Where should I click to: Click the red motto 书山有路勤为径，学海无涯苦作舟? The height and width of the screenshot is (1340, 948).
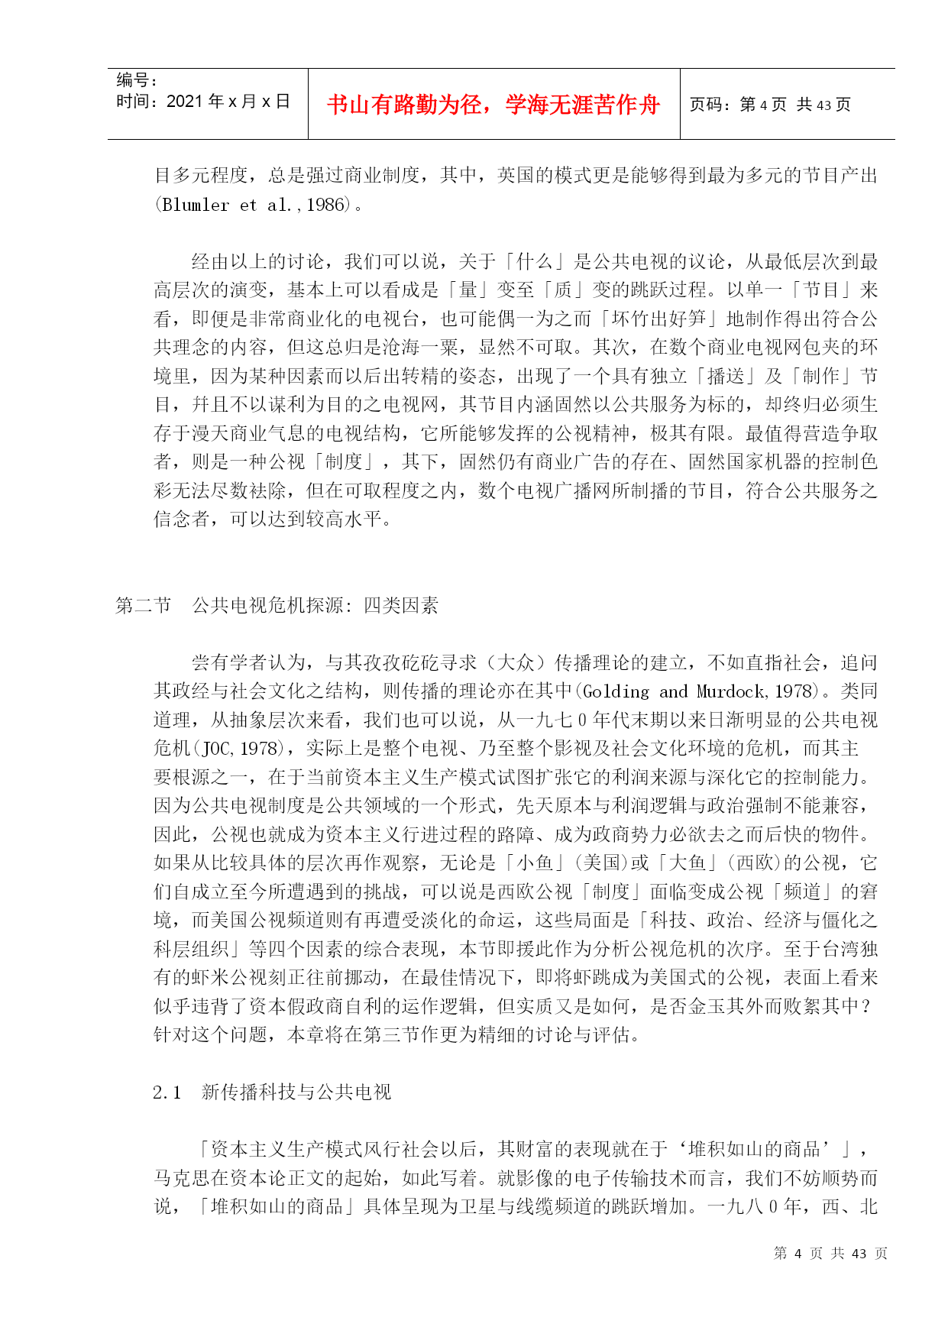[493, 105]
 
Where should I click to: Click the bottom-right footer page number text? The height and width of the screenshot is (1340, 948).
[830, 1254]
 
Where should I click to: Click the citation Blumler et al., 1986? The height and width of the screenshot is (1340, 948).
[254, 205]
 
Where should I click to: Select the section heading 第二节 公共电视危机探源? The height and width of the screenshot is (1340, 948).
[277, 606]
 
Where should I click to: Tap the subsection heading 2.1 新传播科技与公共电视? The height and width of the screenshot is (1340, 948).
[272, 1092]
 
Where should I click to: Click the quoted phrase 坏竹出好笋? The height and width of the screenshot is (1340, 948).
[658, 319]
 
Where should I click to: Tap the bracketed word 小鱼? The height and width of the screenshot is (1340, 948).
[535, 863]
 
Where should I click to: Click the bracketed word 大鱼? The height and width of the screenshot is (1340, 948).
[687, 863]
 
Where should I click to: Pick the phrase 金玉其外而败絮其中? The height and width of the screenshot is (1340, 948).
[774, 1006]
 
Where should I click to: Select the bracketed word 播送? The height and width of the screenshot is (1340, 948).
[726, 377]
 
